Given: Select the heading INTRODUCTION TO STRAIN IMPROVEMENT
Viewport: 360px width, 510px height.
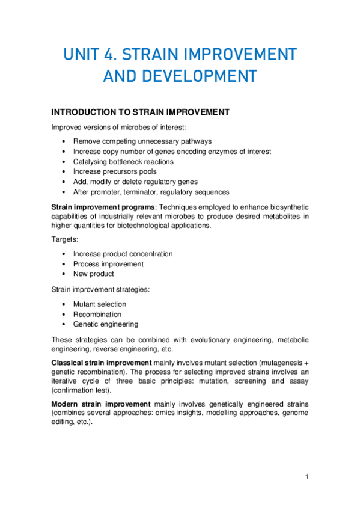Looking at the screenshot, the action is click(141, 112).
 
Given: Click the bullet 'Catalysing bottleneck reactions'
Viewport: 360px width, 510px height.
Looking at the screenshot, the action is click(123, 162).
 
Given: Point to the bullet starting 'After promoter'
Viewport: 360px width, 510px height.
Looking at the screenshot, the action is click(151, 192).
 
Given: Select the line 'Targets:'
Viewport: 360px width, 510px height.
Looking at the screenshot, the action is click(65, 239).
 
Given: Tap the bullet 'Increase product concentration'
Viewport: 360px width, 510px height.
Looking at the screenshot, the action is click(123, 254).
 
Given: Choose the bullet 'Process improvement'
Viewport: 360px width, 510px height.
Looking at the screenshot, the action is click(108, 264).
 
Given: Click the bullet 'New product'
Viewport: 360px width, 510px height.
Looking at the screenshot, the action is click(93, 274).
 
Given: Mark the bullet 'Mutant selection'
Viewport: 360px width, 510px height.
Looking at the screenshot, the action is click(100, 304).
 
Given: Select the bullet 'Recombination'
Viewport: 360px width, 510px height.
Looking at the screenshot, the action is click(97, 315).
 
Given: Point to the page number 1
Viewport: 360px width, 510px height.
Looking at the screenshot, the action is click(307, 477).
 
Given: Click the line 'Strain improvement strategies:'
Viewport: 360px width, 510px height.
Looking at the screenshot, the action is click(100, 289).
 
